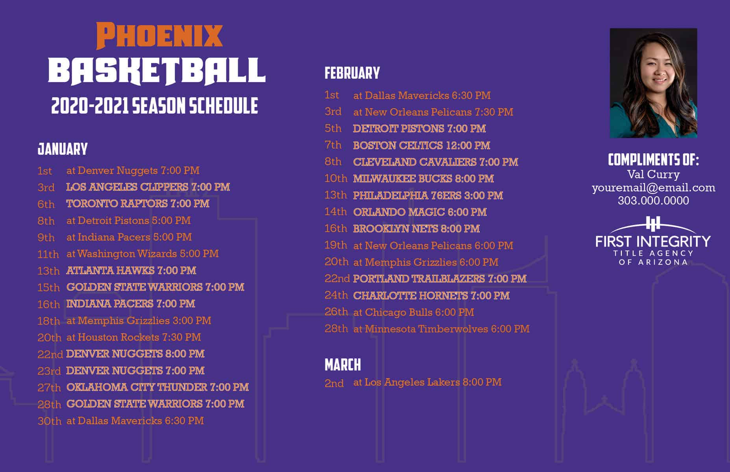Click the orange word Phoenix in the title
coord(159,36)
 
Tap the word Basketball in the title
coord(157,72)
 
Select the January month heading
coord(63,149)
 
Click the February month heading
coord(352,73)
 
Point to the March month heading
coord(342,365)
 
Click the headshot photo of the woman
coord(653,83)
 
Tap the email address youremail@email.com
coord(654,188)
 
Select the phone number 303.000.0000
coord(653,201)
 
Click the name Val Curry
coord(653,174)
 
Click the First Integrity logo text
coord(653,241)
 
